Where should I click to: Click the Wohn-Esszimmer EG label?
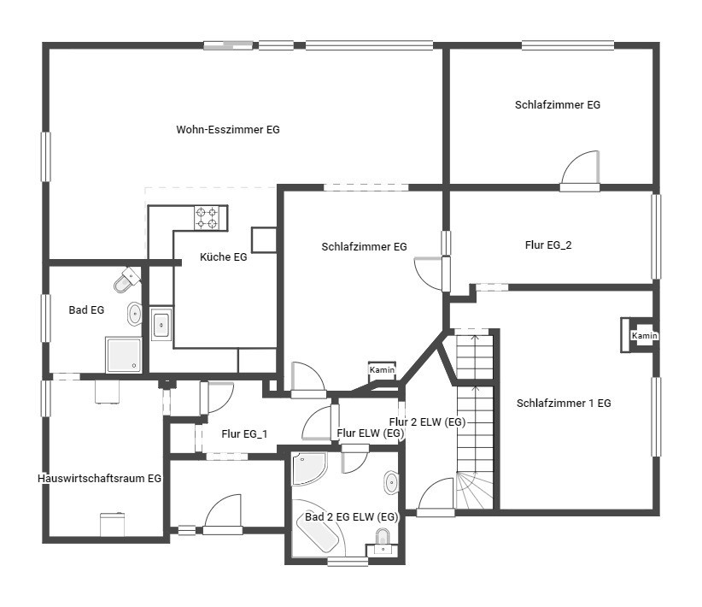pyautogui.click(x=228, y=130)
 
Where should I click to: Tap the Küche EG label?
pyautogui.click(x=224, y=256)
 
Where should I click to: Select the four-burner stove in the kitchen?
pyautogui.click(x=207, y=218)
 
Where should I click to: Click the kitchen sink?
pyautogui.click(x=161, y=324)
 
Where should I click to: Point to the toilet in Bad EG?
pyautogui.click(x=126, y=280)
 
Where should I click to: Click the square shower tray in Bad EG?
pyautogui.click(x=124, y=355)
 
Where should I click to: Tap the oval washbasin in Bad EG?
pyautogui.click(x=134, y=315)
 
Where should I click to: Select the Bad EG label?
pyautogui.click(x=86, y=309)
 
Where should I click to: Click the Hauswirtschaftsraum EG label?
pyautogui.click(x=99, y=479)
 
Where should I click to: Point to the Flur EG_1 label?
pyautogui.click(x=244, y=434)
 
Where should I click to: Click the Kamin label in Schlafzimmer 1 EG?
pyautogui.click(x=644, y=335)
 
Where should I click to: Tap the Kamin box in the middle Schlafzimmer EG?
pyautogui.click(x=382, y=370)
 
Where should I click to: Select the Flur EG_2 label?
pyautogui.click(x=548, y=245)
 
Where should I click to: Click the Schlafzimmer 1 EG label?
pyautogui.click(x=564, y=403)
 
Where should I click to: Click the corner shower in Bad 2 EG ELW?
pyautogui.click(x=308, y=469)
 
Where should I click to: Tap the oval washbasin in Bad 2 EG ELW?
pyautogui.click(x=391, y=482)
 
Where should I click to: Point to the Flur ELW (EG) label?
pyautogui.click(x=371, y=433)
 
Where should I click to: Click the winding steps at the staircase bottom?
pyautogui.click(x=475, y=490)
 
